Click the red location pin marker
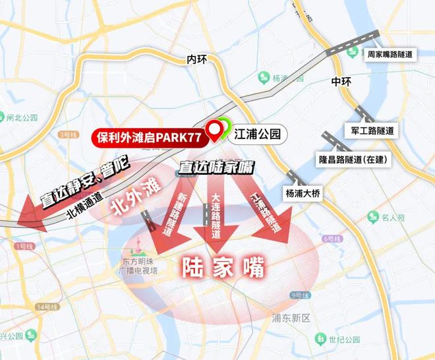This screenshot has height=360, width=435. point(215,131)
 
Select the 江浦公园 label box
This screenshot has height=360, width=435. point(258,135)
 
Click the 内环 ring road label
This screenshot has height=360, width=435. point(197,59)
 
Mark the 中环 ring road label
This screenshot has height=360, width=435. point(341,82)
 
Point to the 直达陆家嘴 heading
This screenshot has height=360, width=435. point(216,168)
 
